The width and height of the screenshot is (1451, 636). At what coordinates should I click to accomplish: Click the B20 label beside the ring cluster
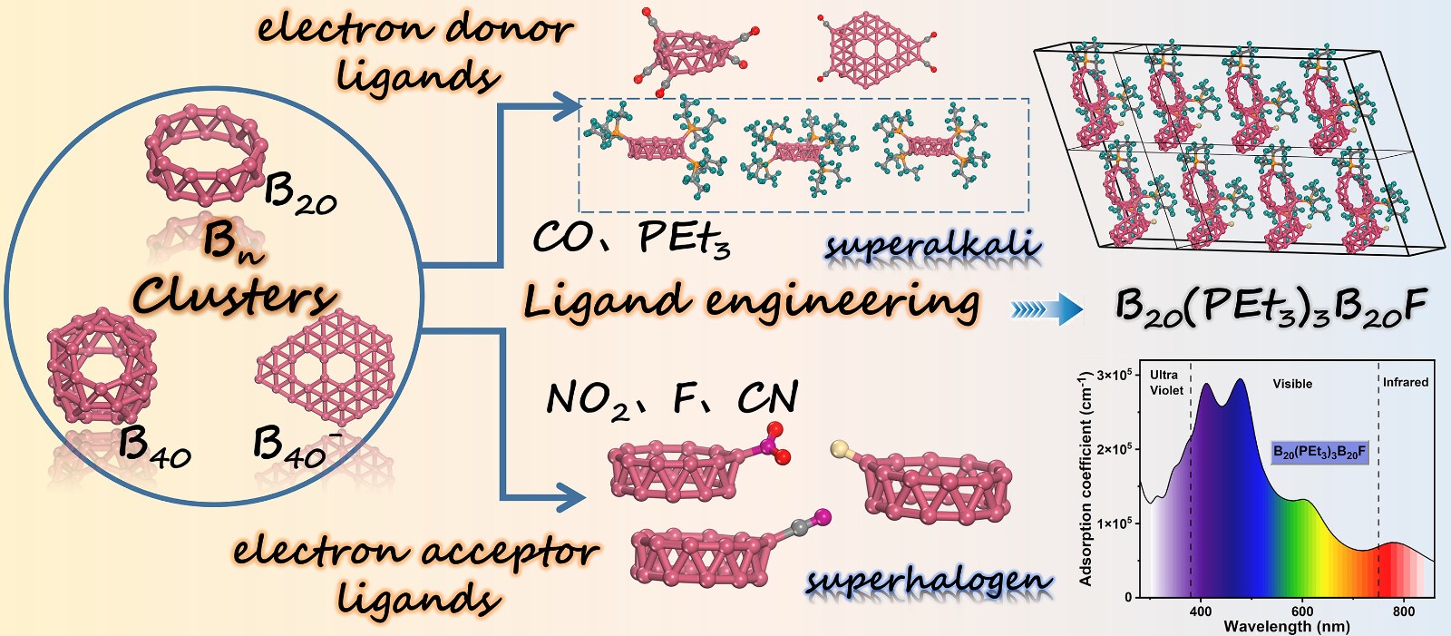click(x=300, y=194)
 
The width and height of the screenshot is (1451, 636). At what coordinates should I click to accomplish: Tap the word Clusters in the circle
click(x=233, y=295)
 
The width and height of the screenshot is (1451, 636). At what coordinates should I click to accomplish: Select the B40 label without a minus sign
click(x=155, y=446)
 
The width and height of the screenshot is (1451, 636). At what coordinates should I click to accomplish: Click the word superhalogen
click(x=930, y=580)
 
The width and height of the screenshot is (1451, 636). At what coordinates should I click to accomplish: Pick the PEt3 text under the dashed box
click(x=684, y=239)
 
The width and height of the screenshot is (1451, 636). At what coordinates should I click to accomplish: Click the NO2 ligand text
click(x=587, y=400)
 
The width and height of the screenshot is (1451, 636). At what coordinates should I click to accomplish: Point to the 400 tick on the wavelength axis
click(x=1200, y=612)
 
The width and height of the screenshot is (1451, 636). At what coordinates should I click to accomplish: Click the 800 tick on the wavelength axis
click(x=1403, y=612)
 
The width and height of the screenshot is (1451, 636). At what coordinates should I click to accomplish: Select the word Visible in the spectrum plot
click(x=1292, y=384)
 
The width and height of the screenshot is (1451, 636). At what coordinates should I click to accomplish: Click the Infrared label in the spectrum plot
click(x=1405, y=382)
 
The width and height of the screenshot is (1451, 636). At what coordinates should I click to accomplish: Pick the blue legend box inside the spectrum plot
click(x=1319, y=451)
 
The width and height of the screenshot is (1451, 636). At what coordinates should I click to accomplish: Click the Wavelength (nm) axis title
click(x=1286, y=626)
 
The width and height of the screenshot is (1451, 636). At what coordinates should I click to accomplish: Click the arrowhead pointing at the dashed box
click(x=570, y=107)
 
